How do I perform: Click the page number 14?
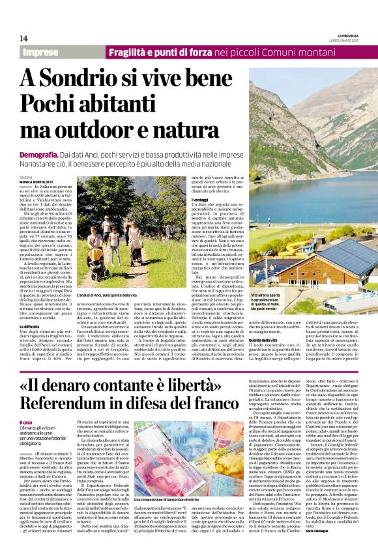point(24,38)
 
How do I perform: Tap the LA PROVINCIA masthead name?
point(349,35)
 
